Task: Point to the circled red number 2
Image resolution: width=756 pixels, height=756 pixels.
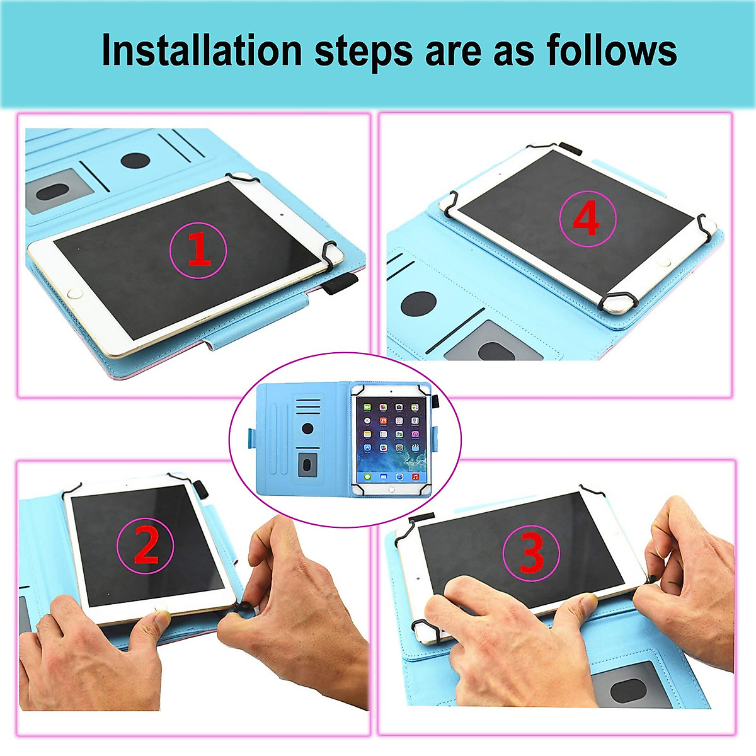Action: (x=146, y=545)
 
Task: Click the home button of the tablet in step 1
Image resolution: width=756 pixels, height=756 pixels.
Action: (x=76, y=293)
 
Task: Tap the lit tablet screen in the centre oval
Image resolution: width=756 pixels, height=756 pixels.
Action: (x=391, y=437)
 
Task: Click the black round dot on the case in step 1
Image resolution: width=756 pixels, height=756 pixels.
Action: (x=135, y=161)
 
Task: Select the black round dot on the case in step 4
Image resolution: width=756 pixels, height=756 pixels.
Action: (x=418, y=304)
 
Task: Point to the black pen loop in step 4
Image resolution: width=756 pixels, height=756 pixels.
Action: (x=571, y=149)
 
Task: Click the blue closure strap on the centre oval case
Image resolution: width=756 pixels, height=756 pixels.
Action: (x=252, y=436)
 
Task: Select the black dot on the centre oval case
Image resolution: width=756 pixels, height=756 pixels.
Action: (x=307, y=428)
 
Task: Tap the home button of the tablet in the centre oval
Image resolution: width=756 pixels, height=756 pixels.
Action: (x=391, y=489)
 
